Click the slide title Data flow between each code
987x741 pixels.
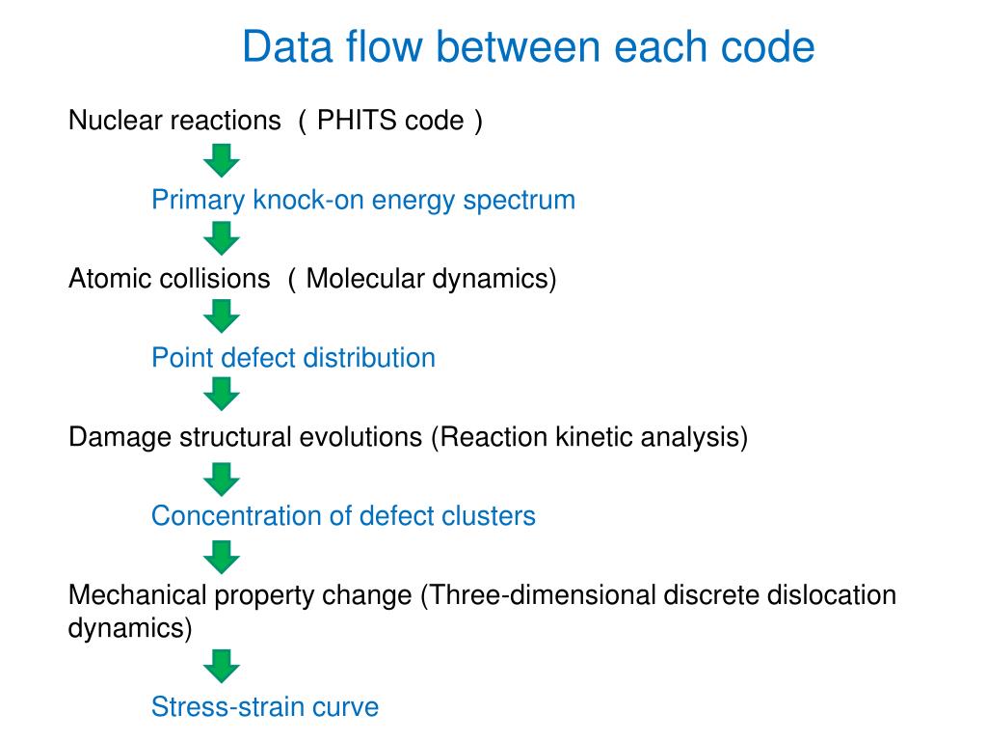528,46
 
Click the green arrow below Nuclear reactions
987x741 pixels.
223,159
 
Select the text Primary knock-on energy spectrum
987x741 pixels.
363,201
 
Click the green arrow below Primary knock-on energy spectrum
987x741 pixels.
223,237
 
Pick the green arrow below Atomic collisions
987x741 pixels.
223,316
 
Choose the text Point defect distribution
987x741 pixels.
293,358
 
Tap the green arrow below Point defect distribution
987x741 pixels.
223,394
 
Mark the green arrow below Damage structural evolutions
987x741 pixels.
223,478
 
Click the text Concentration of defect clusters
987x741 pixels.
343,516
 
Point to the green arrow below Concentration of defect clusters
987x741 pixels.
223,556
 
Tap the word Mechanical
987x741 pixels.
137,595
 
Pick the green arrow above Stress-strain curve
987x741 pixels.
223,666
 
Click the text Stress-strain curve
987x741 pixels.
265,707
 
